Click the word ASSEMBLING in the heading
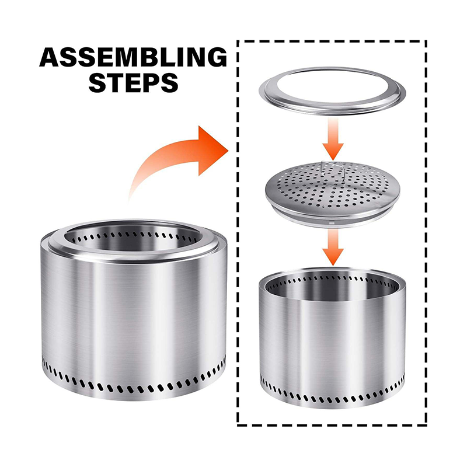coord(133,57)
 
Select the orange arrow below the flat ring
coord(333,139)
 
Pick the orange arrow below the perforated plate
coord(333,247)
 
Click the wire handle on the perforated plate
coord(333,169)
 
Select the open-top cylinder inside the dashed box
coord(332,338)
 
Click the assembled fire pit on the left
coord(134,310)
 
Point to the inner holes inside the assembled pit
coord(134,236)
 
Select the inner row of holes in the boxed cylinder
coord(332,281)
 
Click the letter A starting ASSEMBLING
coord(50,57)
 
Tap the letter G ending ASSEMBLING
coord(216,57)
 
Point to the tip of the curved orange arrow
coord(228,151)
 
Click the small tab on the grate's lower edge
coord(330,222)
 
